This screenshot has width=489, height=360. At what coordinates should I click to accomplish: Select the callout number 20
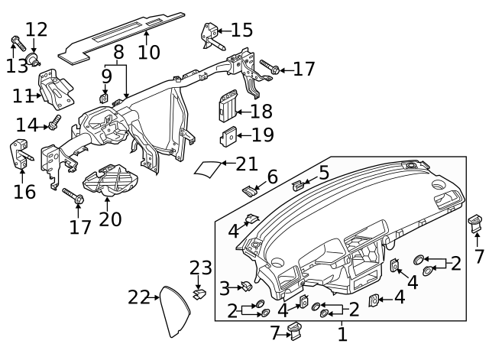110,219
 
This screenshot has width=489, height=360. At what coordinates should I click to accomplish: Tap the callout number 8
118,53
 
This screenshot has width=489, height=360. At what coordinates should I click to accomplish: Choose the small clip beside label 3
248,287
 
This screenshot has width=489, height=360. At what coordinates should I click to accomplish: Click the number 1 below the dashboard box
342,333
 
